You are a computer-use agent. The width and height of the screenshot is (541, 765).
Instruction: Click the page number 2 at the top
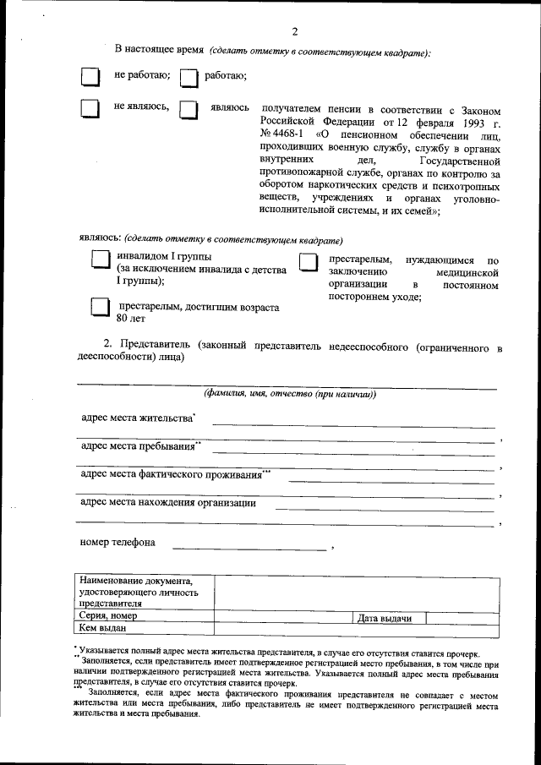[294, 31]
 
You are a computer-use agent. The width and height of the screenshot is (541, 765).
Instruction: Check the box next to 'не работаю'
[90, 77]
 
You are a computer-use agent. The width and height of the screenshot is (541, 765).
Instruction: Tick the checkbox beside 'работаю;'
[189, 78]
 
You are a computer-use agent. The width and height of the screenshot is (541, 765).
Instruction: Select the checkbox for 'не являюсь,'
[90, 109]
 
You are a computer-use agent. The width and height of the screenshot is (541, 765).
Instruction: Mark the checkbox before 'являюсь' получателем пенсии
[189, 110]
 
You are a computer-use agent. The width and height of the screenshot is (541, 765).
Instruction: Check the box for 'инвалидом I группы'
[101, 261]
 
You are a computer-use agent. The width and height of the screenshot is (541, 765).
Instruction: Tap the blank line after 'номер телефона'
[249, 549]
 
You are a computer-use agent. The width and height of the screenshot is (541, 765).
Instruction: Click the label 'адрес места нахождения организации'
[168, 503]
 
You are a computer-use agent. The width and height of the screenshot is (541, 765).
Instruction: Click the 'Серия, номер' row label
[108, 616]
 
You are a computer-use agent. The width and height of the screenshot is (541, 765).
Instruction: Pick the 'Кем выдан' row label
[101, 628]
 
